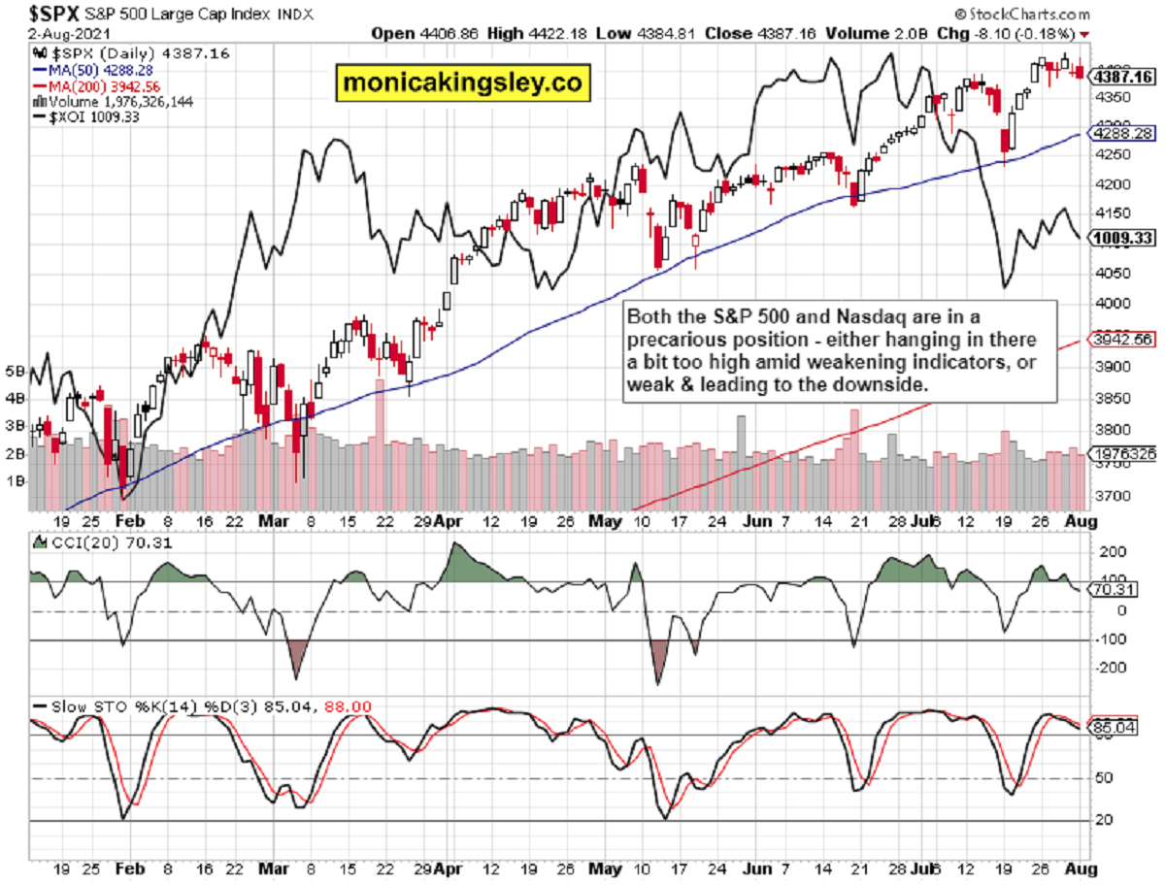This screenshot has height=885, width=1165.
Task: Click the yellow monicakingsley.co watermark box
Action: pos(462,83)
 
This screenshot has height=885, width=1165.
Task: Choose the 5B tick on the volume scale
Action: pos(15,371)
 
